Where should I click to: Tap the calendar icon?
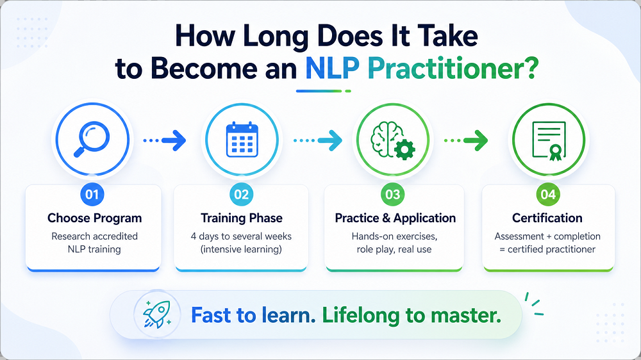[x=242, y=140]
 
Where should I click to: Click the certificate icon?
[x=549, y=141]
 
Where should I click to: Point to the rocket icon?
[x=156, y=315]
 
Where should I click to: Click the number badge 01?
[x=92, y=194]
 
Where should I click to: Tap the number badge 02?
[x=242, y=194]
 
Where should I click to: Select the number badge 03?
[x=393, y=194]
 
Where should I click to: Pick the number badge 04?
[x=548, y=194]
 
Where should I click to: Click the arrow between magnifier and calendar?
[x=165, y=140]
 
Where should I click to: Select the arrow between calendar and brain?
[x=318, y=140]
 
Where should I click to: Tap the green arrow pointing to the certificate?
[x=466, y=140]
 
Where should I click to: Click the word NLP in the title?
[x=332, y=69]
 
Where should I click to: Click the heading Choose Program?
[x=94, y=218]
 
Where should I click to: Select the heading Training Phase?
[x=242, y=218]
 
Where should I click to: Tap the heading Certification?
[x=547, y=218]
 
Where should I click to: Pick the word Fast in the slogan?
[x=212, y=315]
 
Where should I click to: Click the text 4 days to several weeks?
[x=241, y=236]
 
